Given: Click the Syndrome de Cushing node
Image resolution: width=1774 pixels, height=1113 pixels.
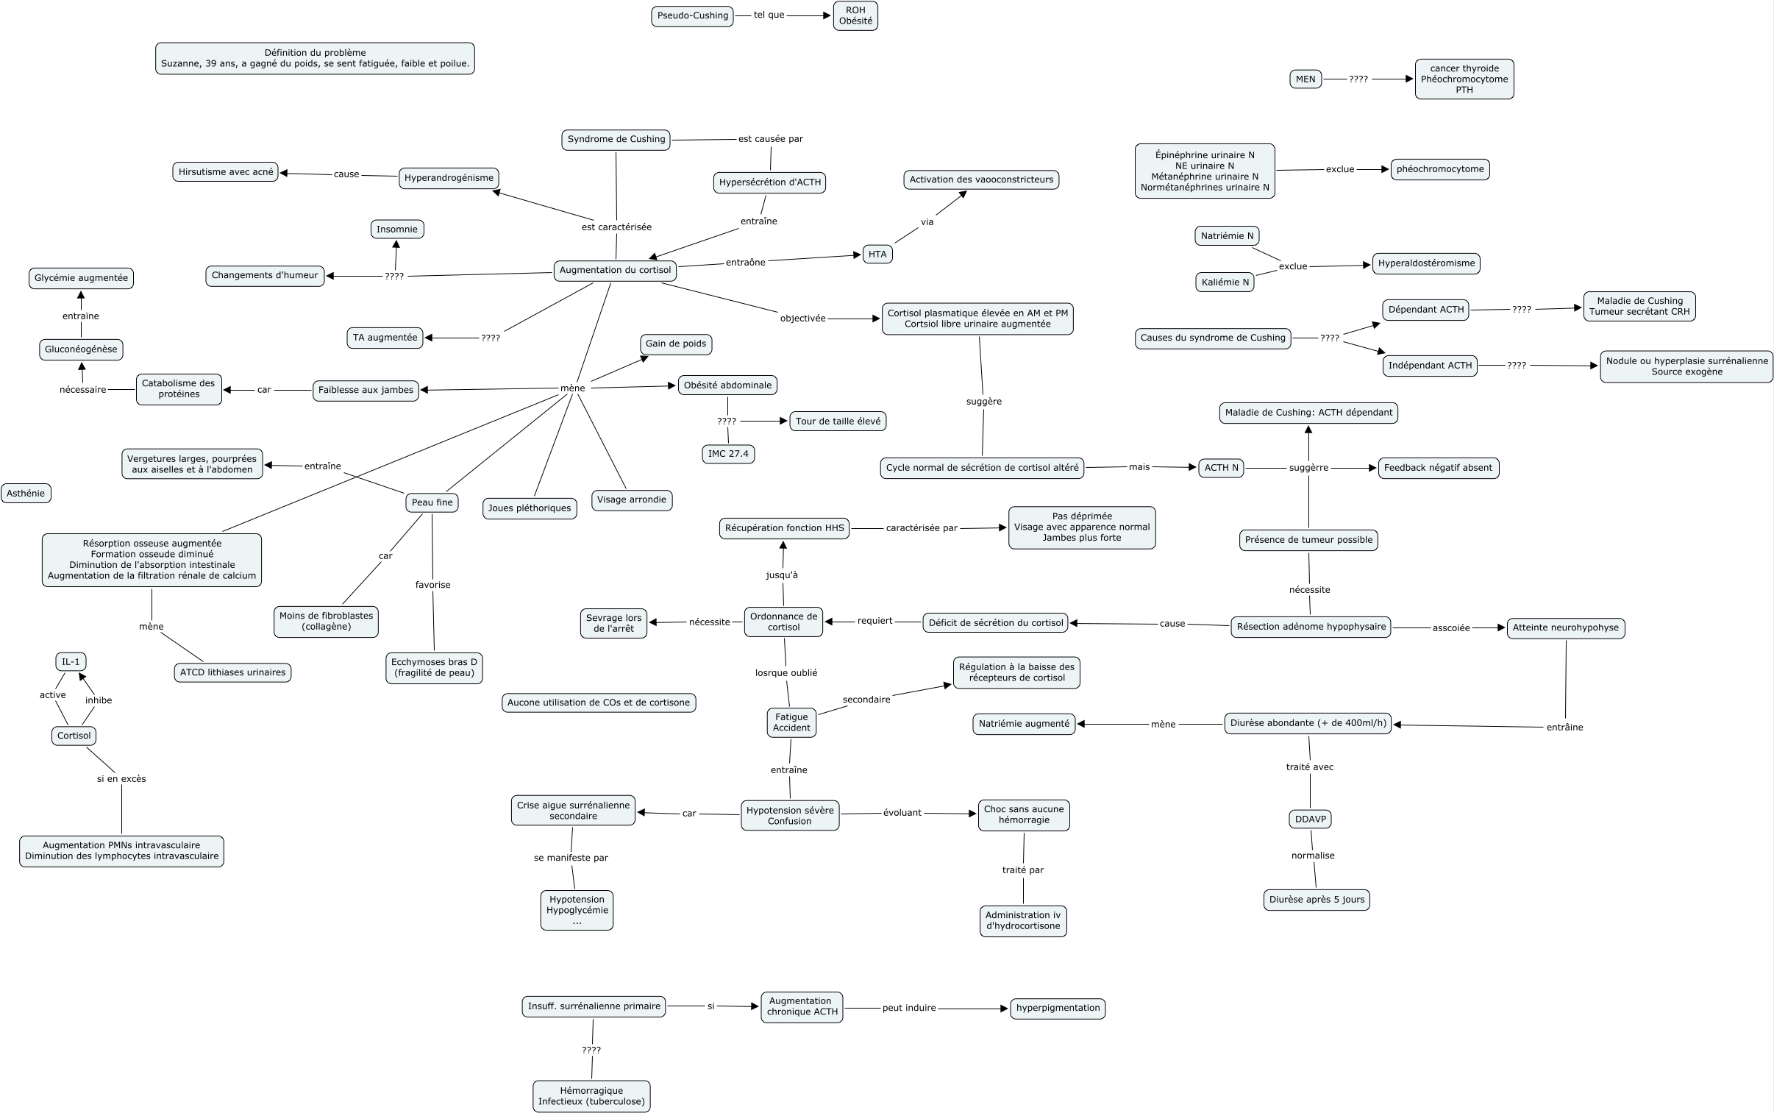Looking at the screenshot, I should coord(616,139).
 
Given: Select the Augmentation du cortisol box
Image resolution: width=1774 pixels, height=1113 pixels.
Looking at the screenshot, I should coord(615,270).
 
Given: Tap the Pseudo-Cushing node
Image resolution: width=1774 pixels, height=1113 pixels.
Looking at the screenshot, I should coord(692,15).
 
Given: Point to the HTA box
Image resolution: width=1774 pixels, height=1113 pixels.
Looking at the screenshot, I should coord(877,254).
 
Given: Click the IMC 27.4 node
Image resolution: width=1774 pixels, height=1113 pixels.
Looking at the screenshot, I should coord(727,453).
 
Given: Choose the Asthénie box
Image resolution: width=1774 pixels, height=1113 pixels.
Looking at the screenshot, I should coord(26,493).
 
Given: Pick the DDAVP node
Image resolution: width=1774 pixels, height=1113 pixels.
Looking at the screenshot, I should coord(1310,819).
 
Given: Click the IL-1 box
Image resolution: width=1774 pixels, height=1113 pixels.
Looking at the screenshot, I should coord(71,662).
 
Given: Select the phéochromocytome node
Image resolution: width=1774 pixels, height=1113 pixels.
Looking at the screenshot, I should coord(1440,169).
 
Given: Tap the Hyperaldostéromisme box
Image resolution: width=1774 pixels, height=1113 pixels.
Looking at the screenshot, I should coord(1426,263).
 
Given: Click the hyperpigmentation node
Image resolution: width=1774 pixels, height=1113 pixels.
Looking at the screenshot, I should coord(1058,1008).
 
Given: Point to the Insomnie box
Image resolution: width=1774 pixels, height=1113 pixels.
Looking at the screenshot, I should coord(396,229).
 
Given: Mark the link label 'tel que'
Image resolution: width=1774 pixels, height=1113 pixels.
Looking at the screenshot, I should coord(769,15).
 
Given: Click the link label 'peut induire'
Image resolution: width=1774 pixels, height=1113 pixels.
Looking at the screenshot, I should coord(909,1008).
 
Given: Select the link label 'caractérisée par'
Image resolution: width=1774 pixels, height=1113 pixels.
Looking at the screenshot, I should coord(922,527).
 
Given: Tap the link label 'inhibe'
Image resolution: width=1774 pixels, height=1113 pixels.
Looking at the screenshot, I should coord(99,700).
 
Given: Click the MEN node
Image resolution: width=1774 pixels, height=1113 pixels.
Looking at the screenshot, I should coord(1305,79).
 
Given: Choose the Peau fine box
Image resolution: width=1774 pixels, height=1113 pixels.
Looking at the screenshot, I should coord(432,502).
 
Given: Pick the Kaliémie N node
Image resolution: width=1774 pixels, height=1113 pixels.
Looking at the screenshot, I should coord(1225,282).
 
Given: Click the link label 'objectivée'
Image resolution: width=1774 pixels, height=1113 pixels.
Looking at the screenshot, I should coord(802,318).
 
